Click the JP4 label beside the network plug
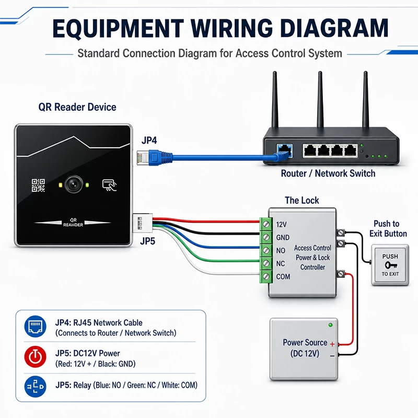(x=149, y=140)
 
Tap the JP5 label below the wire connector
(x=148, y=241)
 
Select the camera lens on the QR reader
(x=74, y=184)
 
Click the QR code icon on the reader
(x=38, y=185)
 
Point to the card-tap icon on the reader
(x=109, y=185)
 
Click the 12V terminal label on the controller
(x=281, y=225)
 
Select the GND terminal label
(x=283, y=237)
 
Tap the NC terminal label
(x=281, y=263)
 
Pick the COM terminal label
(x=283, y=276)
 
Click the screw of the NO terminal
(x=266, y=250)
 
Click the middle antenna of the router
(x=320, y=99)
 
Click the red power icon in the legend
(x=35, y=357)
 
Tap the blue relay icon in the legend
(x=35, y=386)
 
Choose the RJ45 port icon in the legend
(x=35, y=326)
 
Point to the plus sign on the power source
(x=332, y=344)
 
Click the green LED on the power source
(x=331, y=325)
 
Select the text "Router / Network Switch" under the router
(x=328, y=173)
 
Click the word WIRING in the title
(x=231, y=28)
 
